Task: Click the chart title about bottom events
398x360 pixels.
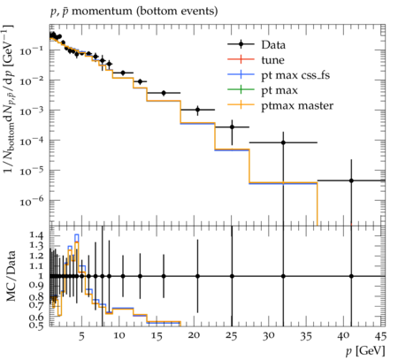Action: pyautogui.click(x=134, y=11)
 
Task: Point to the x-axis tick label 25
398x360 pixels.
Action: pyautogui.click(x=232, y=336)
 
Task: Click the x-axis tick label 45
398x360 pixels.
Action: pyautogui.click(x=380, y=336)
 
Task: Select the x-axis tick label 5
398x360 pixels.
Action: pyautogui.click(x=81, y=336)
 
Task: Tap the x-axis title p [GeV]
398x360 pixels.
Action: pyautogui.click(x=365, y=351)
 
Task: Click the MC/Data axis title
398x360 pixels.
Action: pyautogui.click(x=11, y=276)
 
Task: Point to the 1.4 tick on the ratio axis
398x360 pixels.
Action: pyautogui.click(x=36, y=235)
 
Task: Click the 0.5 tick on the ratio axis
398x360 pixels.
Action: pyautogui.click(x=36, y=325)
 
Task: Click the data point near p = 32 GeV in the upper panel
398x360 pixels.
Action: pyautogui.click(x=283, y=142)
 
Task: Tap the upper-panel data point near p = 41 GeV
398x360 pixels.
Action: pyautogui.click(x=351, y=180)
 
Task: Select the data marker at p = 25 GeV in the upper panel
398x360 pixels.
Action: pyautogui.click(x=232, y=127)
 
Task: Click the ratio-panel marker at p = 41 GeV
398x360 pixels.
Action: pyautogui.click(x=351, y=276)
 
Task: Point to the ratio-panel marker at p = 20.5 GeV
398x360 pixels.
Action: pyautogui.click(x=197, y=276)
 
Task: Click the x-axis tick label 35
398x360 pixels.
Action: pyautogui.click(x=306, y=336)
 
